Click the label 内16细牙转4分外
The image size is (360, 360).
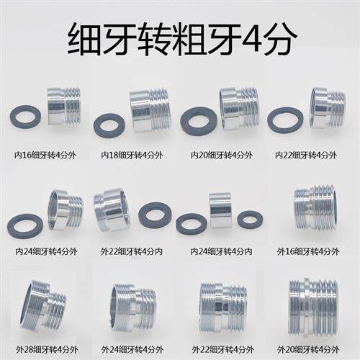45,154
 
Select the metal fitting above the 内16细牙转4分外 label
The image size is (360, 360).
64,106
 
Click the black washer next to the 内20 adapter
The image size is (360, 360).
199,121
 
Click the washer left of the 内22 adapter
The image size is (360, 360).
285,120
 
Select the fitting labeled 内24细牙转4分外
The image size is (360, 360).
65,210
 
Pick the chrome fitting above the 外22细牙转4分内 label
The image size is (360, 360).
112,210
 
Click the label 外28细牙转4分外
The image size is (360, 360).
45,350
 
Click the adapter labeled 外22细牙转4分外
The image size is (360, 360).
223,306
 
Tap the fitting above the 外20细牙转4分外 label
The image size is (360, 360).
313,306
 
